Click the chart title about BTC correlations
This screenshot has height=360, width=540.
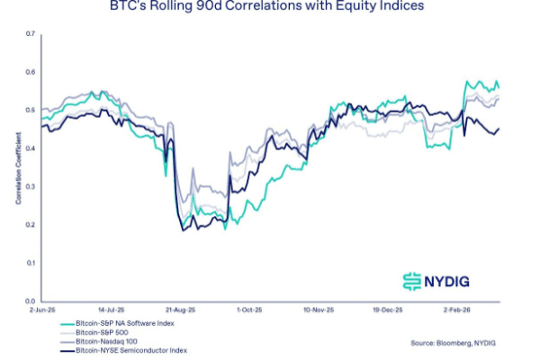coord(271,6)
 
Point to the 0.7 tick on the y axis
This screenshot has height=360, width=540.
coord(30,34)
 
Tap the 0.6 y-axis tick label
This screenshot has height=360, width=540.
coord(30,72)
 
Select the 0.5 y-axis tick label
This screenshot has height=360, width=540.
coord(30,110)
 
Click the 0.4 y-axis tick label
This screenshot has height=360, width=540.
coord(30,148)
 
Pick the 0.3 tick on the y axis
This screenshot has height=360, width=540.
coord(30,186)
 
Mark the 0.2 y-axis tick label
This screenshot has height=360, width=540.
coord(30,225)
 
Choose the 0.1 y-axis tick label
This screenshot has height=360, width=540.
coord(30,263)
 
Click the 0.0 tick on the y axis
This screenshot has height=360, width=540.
coord(30,301)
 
